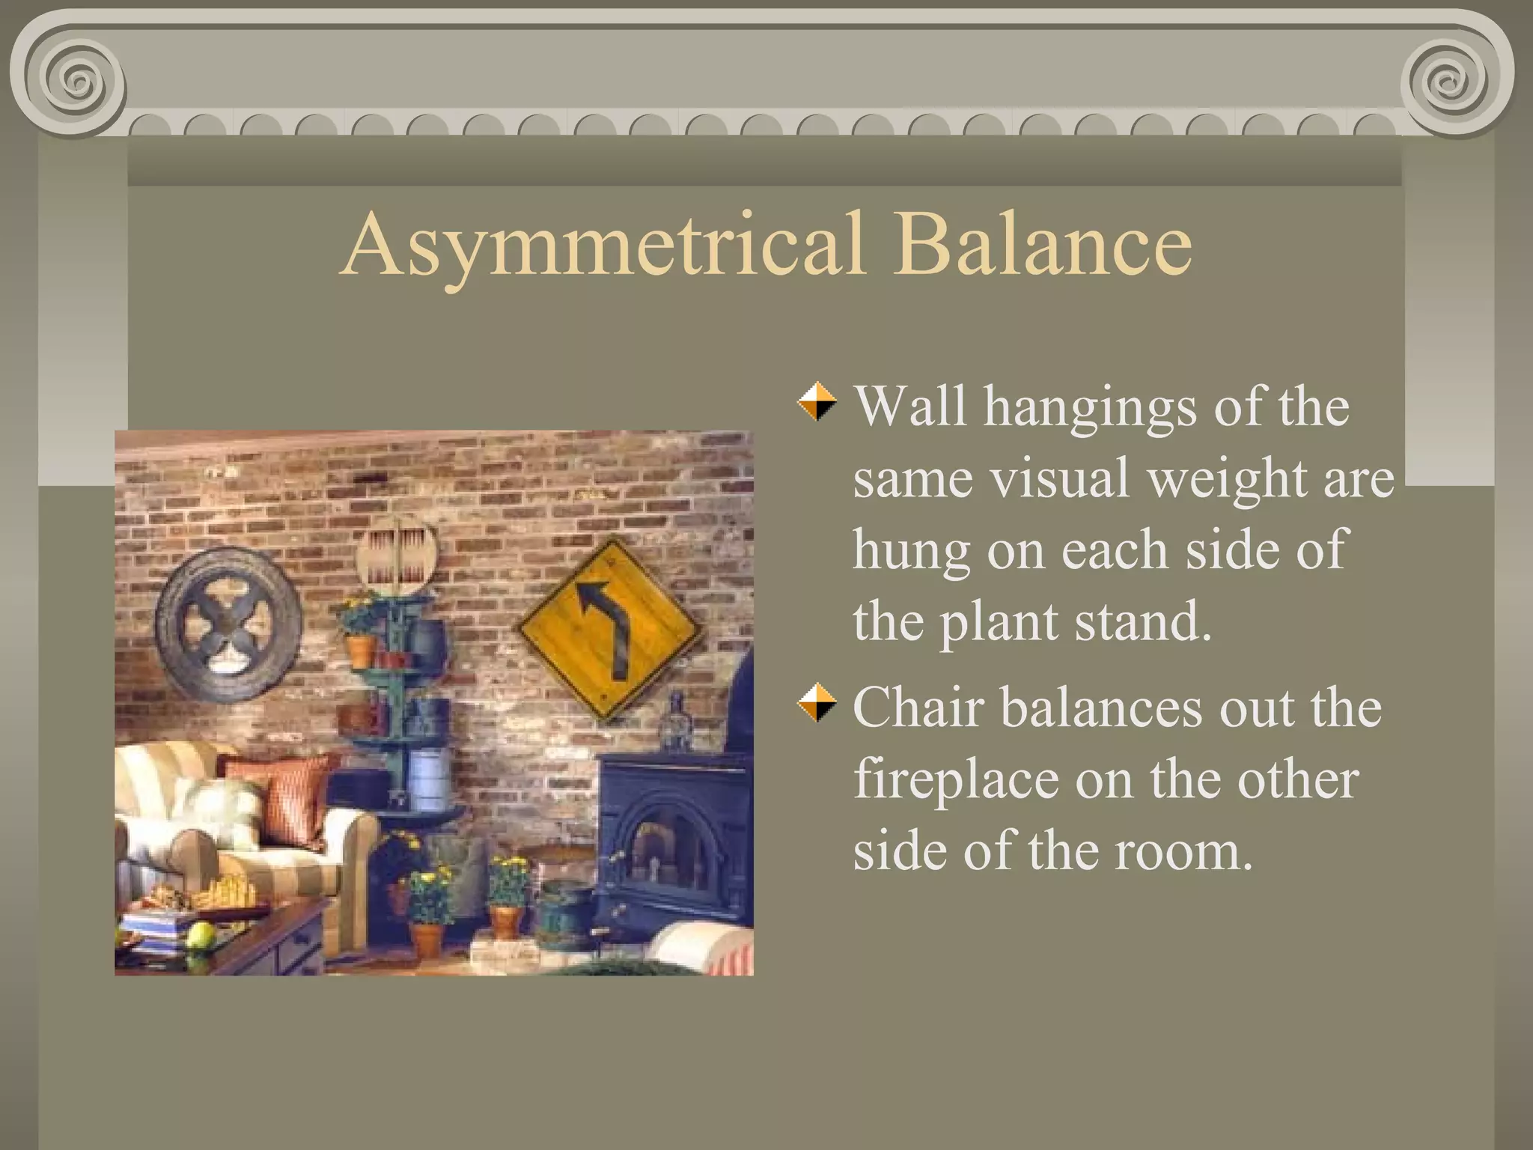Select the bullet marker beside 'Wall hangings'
coord(817,402)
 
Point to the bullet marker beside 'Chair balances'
coord(817,704)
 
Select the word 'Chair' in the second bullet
coord(918,707)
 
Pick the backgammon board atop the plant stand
coord(395,559)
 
